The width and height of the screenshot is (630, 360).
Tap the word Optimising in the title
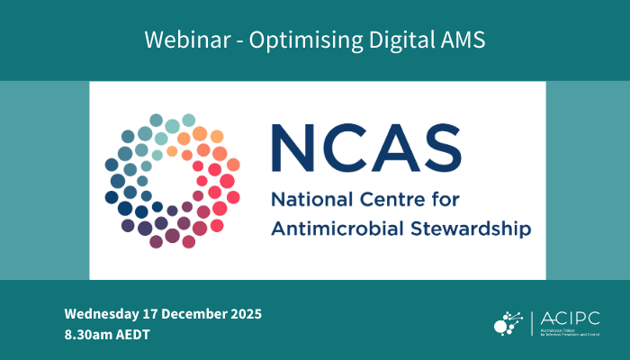coord(289,40)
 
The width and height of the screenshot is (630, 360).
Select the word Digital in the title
coord(387,40)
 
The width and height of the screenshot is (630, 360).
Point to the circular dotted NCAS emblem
coord(172,181)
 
